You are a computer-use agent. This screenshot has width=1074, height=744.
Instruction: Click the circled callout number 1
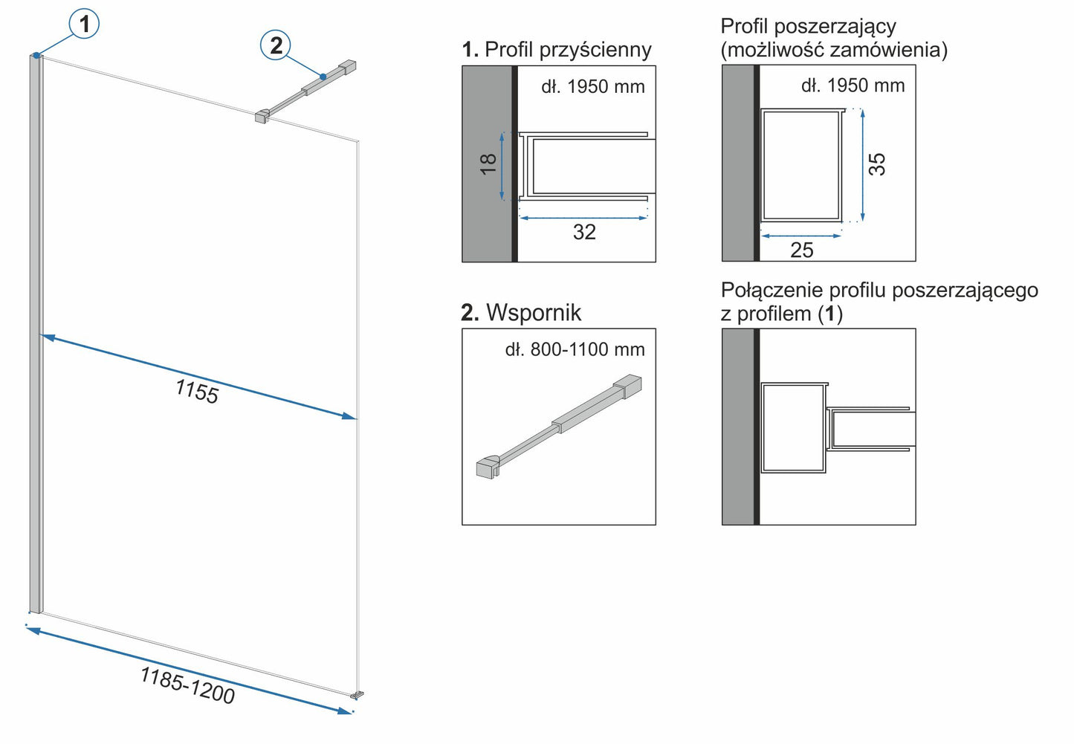(x=84, y=24)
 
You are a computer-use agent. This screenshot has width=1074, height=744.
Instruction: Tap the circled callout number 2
(x=276, y=45)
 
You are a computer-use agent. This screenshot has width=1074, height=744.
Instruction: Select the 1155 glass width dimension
(x=196, y=391)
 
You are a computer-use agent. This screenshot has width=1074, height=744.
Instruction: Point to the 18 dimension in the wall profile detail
(x=488, y=164)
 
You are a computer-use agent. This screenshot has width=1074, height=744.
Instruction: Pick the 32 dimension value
(x=584, y=233)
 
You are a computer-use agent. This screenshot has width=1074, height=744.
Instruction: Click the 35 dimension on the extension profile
(x=877, y=164)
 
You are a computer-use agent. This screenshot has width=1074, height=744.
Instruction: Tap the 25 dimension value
(x=801, y=250)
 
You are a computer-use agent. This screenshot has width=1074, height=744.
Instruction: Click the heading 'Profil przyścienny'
(x=567, y=50)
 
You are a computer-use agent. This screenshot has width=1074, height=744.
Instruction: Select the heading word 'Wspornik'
(x=533, y=313)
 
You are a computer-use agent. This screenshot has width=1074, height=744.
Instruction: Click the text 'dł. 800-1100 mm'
(x=575, y=349)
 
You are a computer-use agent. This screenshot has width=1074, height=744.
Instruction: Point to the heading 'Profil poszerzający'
(x=808, y=27)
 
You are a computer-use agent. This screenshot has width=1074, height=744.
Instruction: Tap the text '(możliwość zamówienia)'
(x=834, y=50)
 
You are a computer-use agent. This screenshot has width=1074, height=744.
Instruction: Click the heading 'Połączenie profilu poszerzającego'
(x=879, y=290)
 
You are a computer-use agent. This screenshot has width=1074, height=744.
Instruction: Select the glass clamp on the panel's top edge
(x=262, y=116)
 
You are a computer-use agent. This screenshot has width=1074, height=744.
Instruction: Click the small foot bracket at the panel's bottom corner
(x=358, y=695)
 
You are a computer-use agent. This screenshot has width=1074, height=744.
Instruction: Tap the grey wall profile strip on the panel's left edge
(x=35, y=334)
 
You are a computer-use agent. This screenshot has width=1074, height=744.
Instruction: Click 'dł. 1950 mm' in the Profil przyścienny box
(x=592, y=87)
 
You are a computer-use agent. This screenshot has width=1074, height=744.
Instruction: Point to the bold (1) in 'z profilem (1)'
(x=830, y=314)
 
